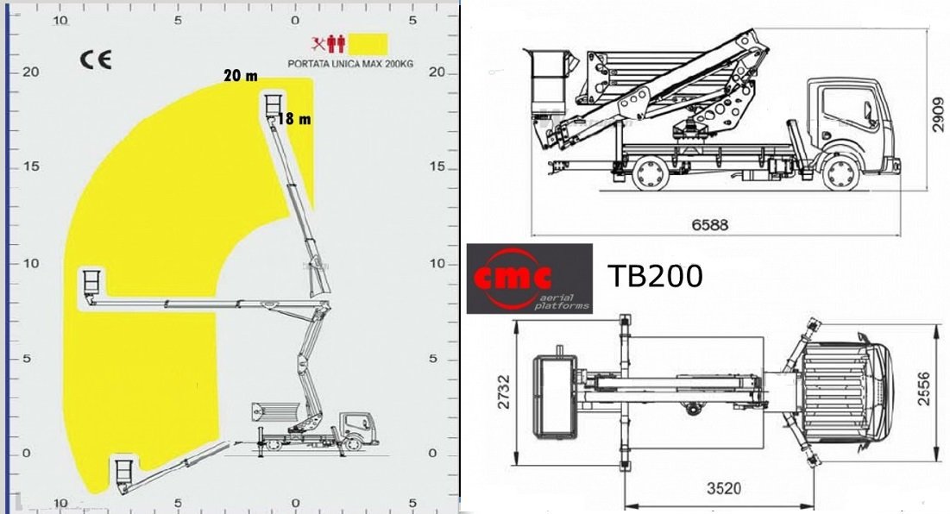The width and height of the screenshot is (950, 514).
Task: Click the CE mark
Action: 96,60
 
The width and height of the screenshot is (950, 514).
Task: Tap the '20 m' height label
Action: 241,76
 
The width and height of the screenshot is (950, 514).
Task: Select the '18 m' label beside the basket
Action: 294,119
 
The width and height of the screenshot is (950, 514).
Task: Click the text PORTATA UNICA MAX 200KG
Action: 350,64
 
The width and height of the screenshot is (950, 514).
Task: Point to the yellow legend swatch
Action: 368,45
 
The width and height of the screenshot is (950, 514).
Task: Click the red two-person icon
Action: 336,44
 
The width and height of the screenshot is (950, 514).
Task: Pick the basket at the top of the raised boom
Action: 274,104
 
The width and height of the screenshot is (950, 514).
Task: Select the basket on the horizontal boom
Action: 92,284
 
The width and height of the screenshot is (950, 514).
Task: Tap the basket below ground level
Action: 125,472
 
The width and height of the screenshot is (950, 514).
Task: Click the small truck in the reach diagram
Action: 315,428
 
